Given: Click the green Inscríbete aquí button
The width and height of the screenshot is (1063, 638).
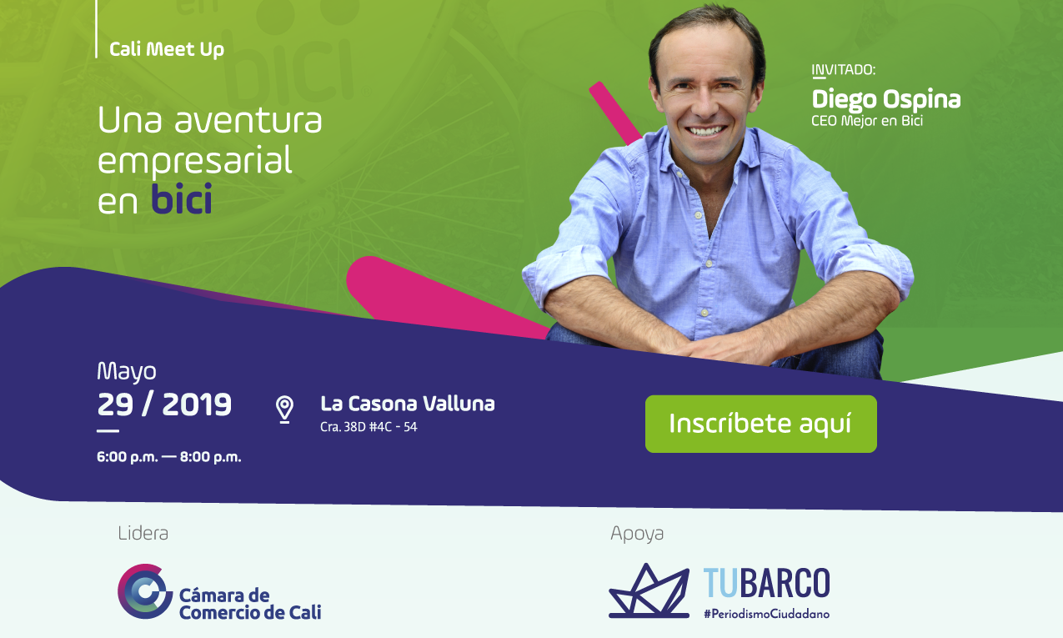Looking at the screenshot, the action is tap(760, 424).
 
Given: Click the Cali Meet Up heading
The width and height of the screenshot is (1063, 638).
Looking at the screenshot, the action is tap(167, 49).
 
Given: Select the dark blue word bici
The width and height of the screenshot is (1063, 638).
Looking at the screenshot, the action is tap(181, 198).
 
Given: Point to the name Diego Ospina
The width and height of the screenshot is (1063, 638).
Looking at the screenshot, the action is tap(886, 100).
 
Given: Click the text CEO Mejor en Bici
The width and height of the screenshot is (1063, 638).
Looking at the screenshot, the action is tap(867, 121).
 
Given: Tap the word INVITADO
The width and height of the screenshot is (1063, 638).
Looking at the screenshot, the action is tap(843, 70).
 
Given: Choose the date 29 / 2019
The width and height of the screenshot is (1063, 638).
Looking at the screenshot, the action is tap(164, 404).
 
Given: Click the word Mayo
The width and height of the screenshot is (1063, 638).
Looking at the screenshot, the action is tap(127, 372).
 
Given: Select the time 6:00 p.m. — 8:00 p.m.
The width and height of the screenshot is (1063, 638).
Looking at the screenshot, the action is tap(169, 457).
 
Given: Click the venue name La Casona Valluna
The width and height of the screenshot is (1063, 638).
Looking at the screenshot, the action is tap(408, 404).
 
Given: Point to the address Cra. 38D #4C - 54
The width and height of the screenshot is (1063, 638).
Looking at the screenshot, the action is tap(369, 427).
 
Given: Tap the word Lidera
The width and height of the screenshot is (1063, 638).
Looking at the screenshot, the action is tap(143, 533).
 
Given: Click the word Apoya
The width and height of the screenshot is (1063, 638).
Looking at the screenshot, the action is tap(637, 534).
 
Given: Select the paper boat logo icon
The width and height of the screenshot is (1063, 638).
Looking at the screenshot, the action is tap(649, 590).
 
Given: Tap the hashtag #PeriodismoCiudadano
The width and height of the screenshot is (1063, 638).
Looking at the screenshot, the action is tap(767, 614).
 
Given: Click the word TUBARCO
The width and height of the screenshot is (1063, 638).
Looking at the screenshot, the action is tap(767, 582).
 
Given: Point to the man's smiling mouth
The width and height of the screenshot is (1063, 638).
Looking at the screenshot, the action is tap(706, 130).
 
